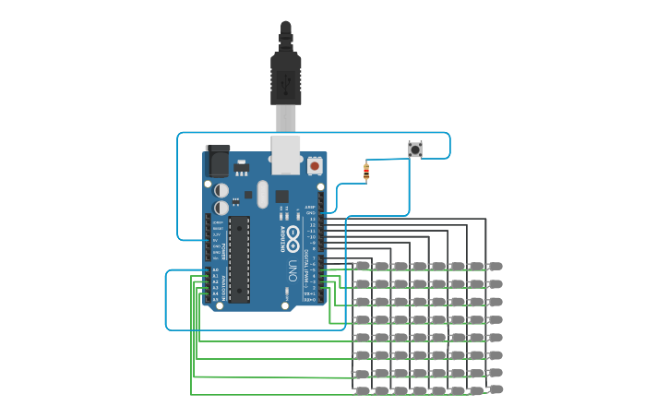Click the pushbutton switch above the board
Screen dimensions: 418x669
415,149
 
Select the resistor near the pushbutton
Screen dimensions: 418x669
366,171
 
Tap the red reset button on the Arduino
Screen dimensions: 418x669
315,166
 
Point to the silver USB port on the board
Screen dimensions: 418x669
287,155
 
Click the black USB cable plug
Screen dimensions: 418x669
285,78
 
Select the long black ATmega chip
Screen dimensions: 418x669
239,259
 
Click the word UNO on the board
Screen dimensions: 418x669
293,269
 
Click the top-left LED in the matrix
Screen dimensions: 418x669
362,266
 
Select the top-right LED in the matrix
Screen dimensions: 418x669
496,266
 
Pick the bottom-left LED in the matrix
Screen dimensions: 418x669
362,391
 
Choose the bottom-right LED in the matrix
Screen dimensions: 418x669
496,389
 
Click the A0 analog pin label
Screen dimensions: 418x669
216,270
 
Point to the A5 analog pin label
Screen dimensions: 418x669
216,299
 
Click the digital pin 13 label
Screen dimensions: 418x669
312,219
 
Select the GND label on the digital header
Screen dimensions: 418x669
311,212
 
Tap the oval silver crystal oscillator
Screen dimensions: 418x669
262,194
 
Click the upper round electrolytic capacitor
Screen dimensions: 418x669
221,189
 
